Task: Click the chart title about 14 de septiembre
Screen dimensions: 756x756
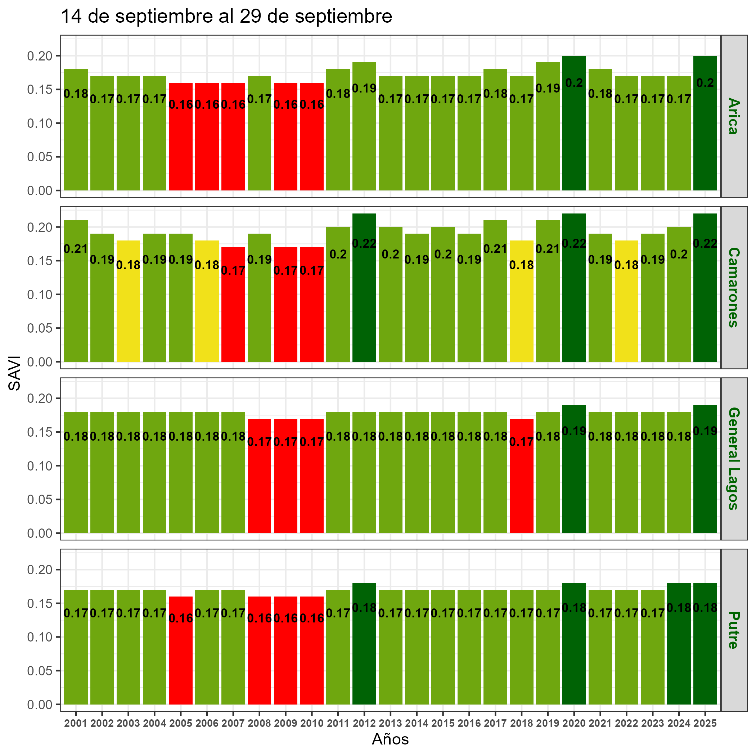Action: click(x=226, y=17)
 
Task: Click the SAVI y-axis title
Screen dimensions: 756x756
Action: click(x=15, y=373)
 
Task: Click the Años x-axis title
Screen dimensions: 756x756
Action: click(x=390, y=739)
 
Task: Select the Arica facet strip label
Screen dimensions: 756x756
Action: click(x=734, y=116)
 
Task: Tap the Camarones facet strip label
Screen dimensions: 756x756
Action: click(x=734, y=287)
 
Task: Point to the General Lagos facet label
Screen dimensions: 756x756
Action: click(x=734, y=458)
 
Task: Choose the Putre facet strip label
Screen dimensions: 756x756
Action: click(x=734, y=630)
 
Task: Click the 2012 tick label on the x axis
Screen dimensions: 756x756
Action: click(x=364, y=724)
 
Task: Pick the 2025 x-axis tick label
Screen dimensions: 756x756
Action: click(x=705, y=724)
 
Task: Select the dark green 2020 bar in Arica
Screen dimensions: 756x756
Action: click(x=574, y=137)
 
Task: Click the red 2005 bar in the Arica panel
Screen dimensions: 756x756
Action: click(x=181, y=145)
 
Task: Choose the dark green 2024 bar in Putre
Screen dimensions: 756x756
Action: click(x=679, y=653)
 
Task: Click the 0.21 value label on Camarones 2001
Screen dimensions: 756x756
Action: click(x=76, y=249)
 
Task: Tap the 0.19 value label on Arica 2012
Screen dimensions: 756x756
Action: click(x=364, y=89)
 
